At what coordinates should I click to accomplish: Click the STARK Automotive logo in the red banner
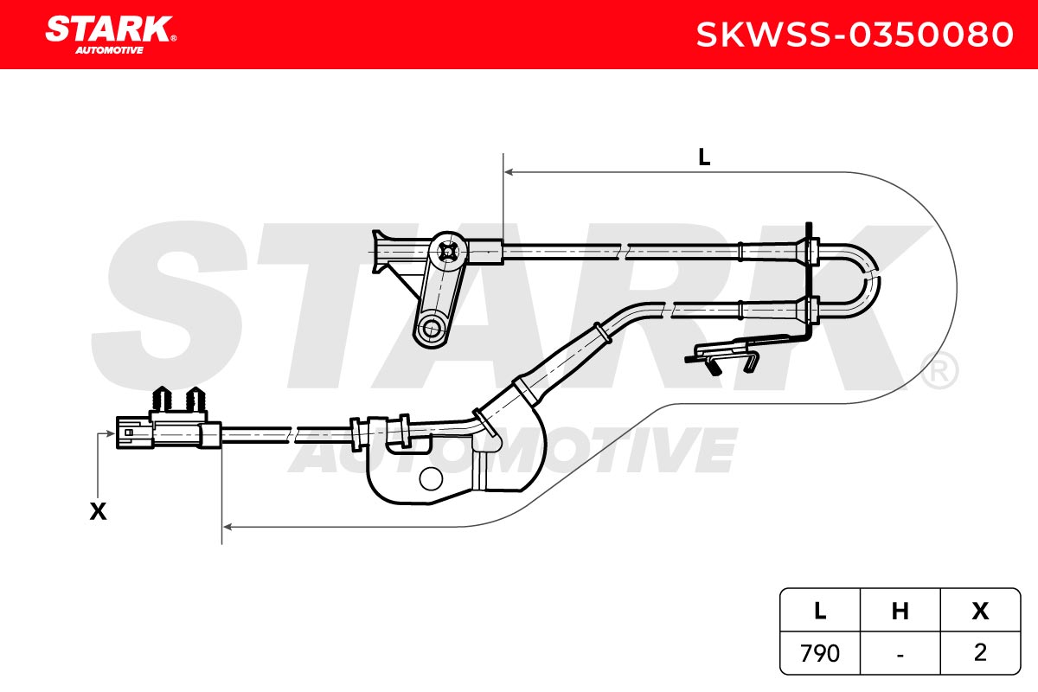click(x=111, y=35)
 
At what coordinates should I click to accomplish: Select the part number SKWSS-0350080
click(x=855, y=35)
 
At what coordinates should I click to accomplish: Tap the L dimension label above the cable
click(x=704, y=157)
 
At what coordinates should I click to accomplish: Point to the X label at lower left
click(x=98, y=512)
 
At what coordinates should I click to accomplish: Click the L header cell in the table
click(x=820, y=611)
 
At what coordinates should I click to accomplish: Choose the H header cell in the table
click(x=900, y=611)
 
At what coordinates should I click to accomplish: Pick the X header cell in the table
click(x=980, y=611)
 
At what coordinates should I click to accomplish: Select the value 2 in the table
click(x=980, y=652)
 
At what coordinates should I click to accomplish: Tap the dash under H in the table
click(x=900, y=655)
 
